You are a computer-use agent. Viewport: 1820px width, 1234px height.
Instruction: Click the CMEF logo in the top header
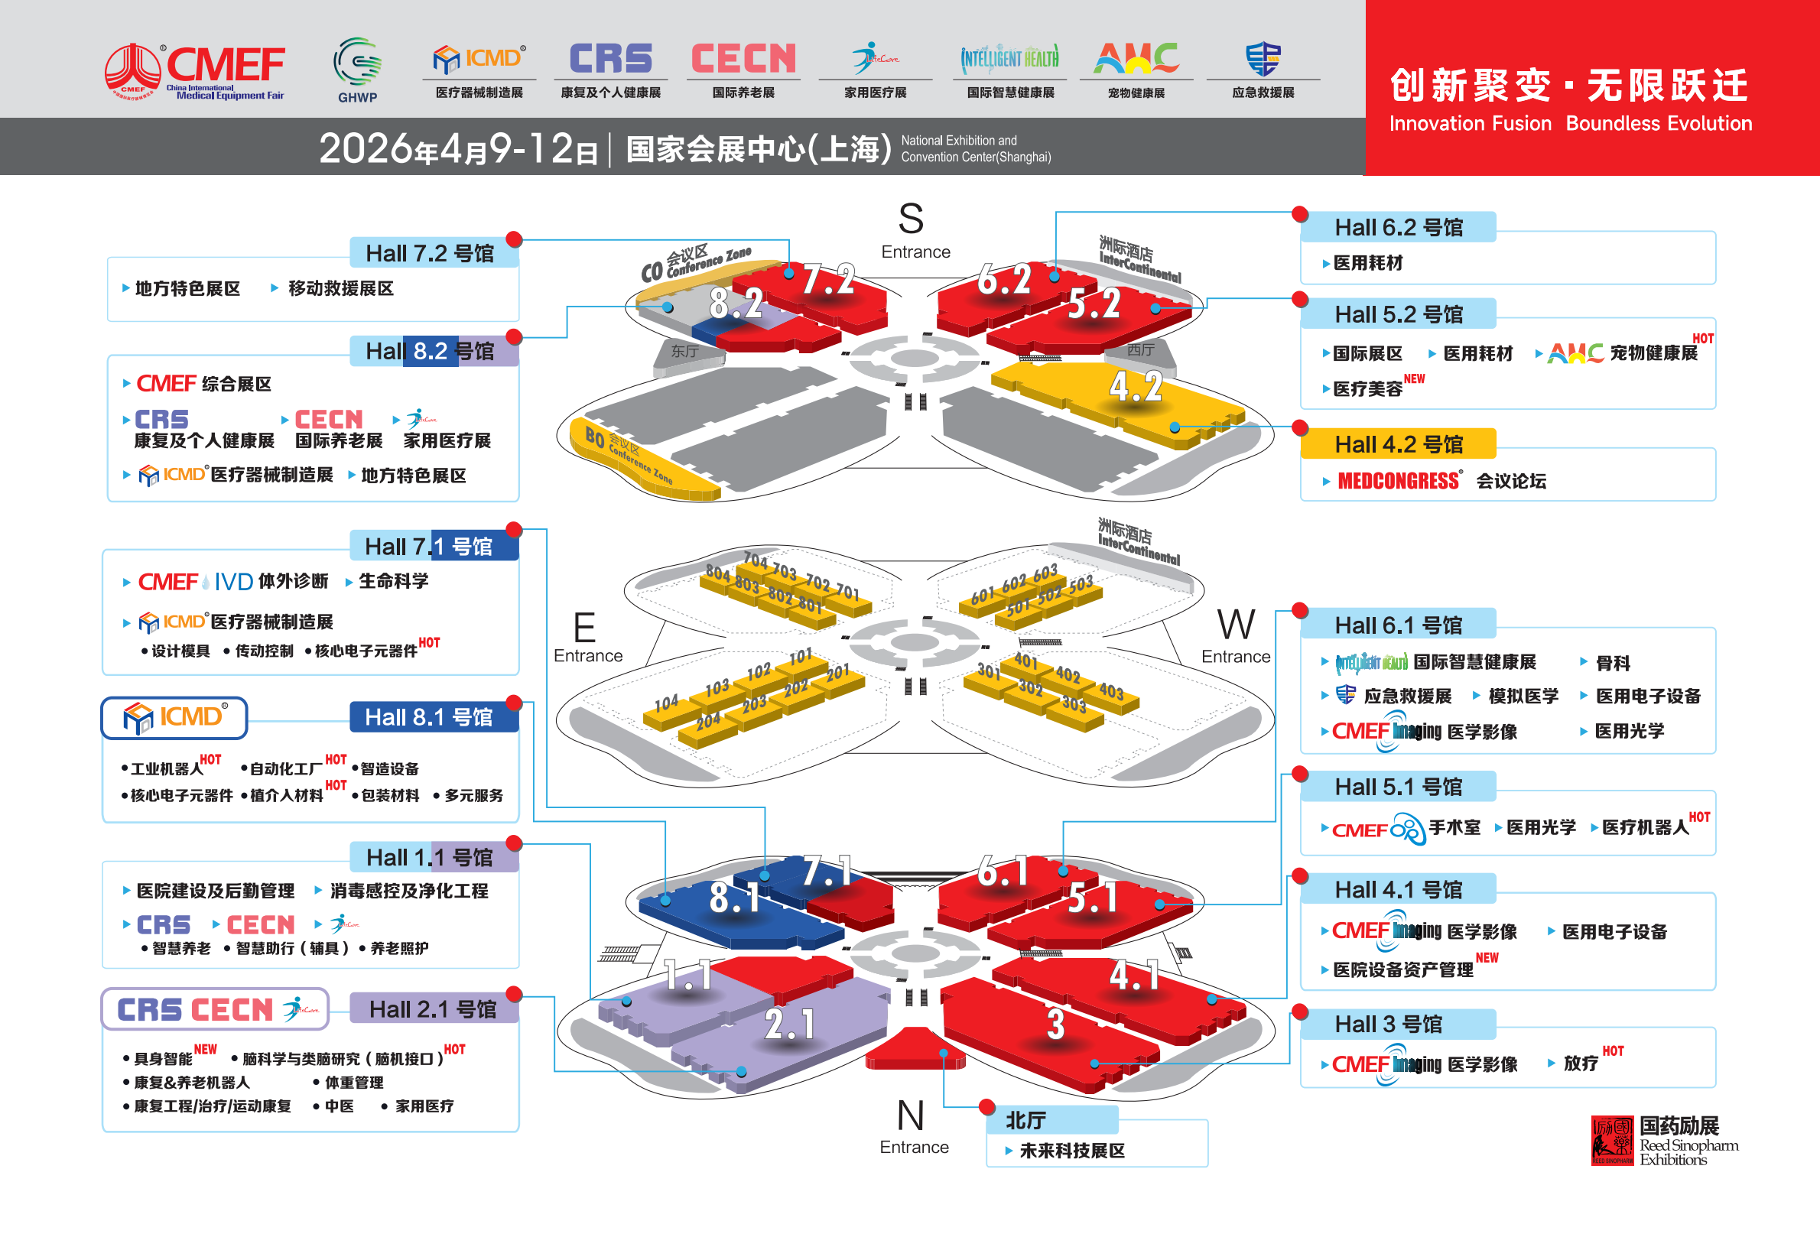195,71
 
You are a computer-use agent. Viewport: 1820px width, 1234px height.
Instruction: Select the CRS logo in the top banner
610,60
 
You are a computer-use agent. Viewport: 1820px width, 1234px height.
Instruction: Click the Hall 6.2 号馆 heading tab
1398,228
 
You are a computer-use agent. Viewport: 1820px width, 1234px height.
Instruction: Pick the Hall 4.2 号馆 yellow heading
1398,444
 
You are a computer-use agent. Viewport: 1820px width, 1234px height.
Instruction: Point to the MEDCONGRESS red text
1398,481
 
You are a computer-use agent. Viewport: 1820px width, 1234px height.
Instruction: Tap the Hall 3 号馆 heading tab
1388,1025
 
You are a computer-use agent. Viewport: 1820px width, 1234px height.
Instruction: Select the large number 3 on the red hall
1055,1025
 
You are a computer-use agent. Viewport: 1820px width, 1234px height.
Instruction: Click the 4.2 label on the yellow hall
1136,387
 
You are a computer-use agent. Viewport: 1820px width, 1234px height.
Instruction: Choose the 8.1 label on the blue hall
734,898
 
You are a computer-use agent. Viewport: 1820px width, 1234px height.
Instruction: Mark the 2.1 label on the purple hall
789,1025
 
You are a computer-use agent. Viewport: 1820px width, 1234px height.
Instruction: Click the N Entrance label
913,1128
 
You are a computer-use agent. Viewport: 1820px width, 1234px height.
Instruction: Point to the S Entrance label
913,231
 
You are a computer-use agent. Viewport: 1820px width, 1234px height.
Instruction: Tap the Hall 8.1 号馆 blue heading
429,717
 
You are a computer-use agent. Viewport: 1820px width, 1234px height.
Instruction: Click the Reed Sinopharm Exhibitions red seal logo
1612,1140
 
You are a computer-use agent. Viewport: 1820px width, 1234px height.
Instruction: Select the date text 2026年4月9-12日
458,149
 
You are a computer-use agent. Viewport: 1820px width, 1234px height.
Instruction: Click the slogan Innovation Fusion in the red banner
1469,124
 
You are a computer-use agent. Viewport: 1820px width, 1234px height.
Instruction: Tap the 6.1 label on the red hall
1003,872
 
